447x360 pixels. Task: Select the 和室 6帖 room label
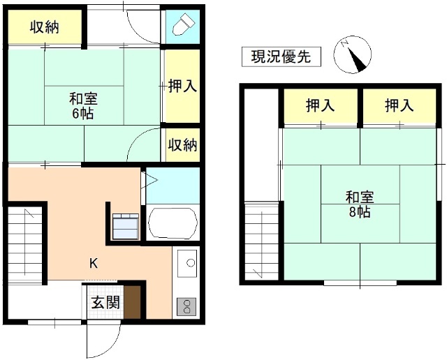coord(82,105)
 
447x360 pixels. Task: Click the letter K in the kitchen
coord(93,263)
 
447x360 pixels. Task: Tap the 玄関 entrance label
coord(105,303)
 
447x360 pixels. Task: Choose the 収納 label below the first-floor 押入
coord(182,145)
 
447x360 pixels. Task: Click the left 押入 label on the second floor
coord(321,105)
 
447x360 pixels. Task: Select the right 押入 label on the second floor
coord(399,105)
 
